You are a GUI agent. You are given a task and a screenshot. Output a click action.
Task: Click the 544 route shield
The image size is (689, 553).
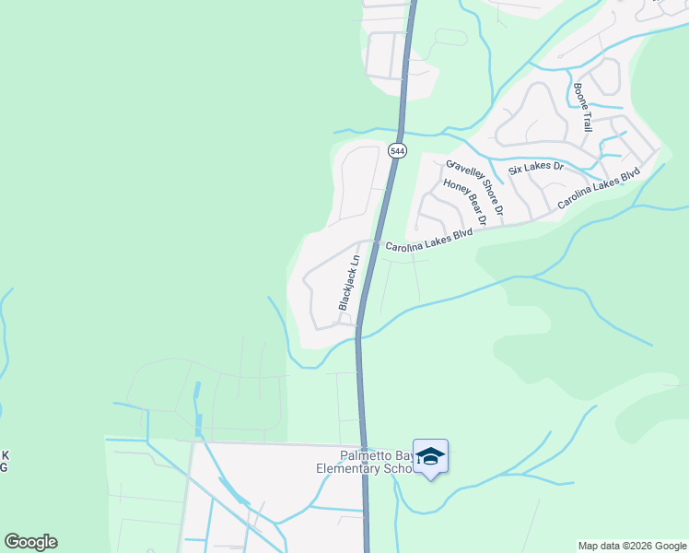coord(397,150)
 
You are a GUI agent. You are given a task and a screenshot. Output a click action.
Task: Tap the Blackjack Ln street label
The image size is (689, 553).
coord(347,282)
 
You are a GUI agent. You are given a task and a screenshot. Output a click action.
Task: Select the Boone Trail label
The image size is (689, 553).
coord(581,107)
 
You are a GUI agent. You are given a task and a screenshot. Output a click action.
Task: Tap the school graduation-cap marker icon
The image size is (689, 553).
coord(430,457)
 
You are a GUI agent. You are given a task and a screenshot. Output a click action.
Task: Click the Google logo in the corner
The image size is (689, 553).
coord(30,542)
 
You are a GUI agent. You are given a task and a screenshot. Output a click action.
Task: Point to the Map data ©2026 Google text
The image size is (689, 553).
coord(632,546)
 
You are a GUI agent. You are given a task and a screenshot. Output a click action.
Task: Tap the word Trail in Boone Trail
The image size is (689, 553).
coord(585,119)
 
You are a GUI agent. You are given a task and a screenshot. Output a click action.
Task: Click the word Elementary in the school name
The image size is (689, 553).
coord(348,468)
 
